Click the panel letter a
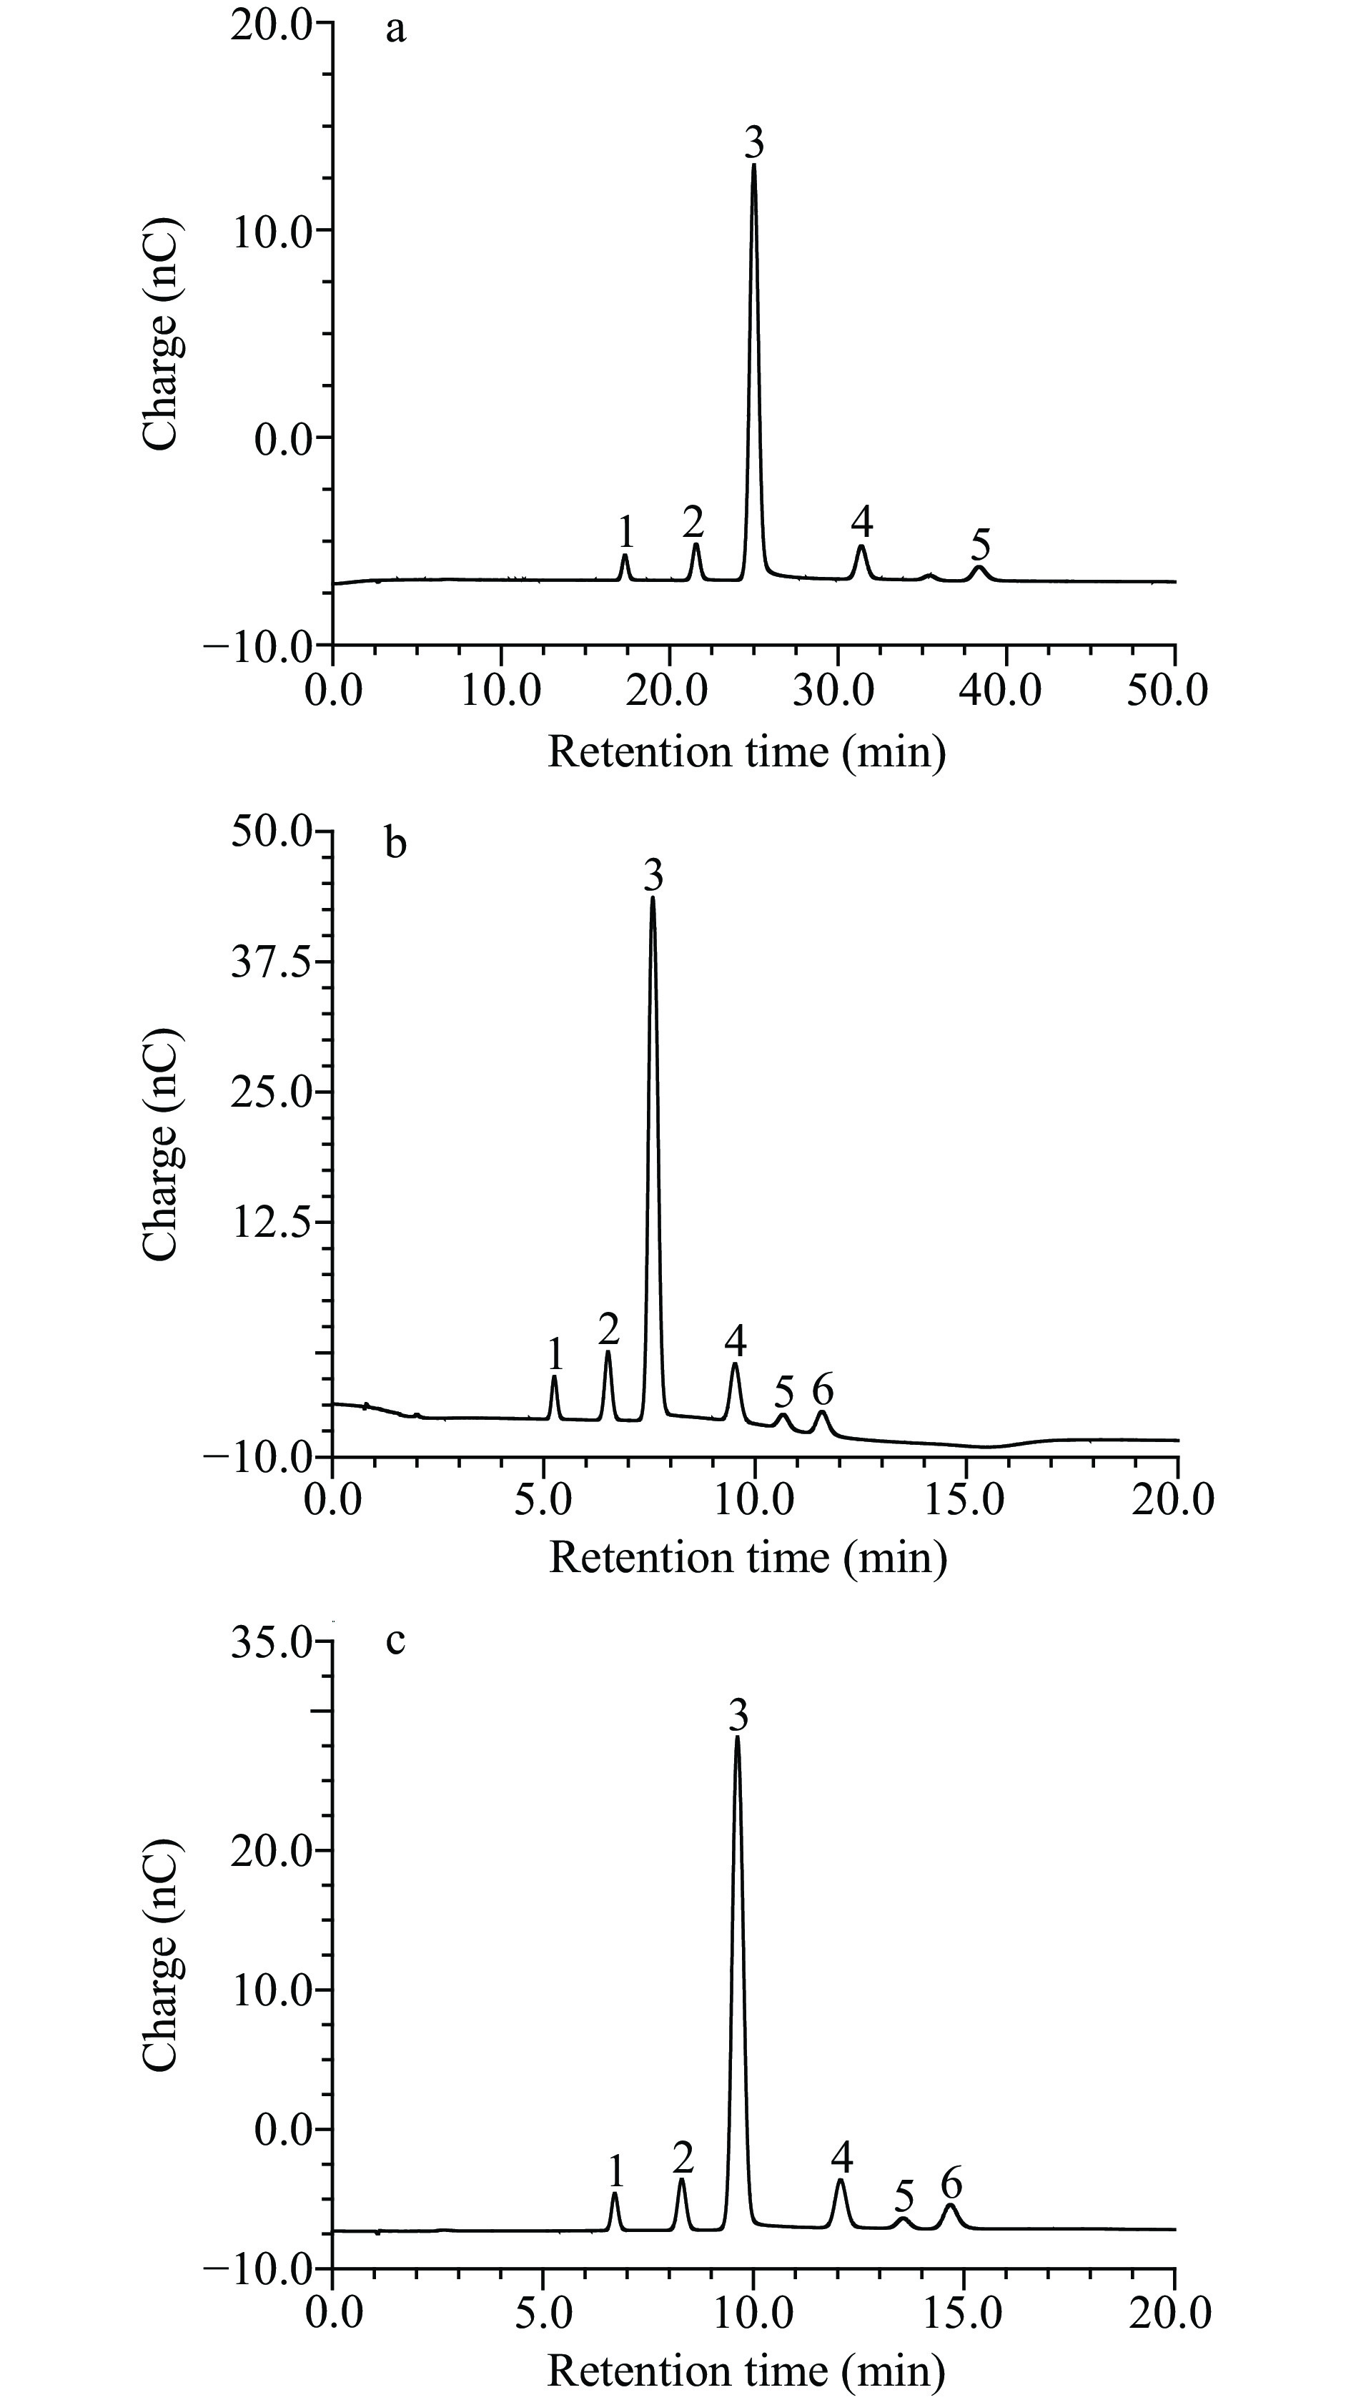tap(396, 30)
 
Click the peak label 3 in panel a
tap(753, 142)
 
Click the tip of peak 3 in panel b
tap(652, 897)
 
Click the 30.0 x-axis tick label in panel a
tap(834, 691)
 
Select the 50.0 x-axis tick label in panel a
tap(1167, 691)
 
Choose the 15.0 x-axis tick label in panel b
tap(964, 1499)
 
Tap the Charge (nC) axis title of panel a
tap(160, 334)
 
